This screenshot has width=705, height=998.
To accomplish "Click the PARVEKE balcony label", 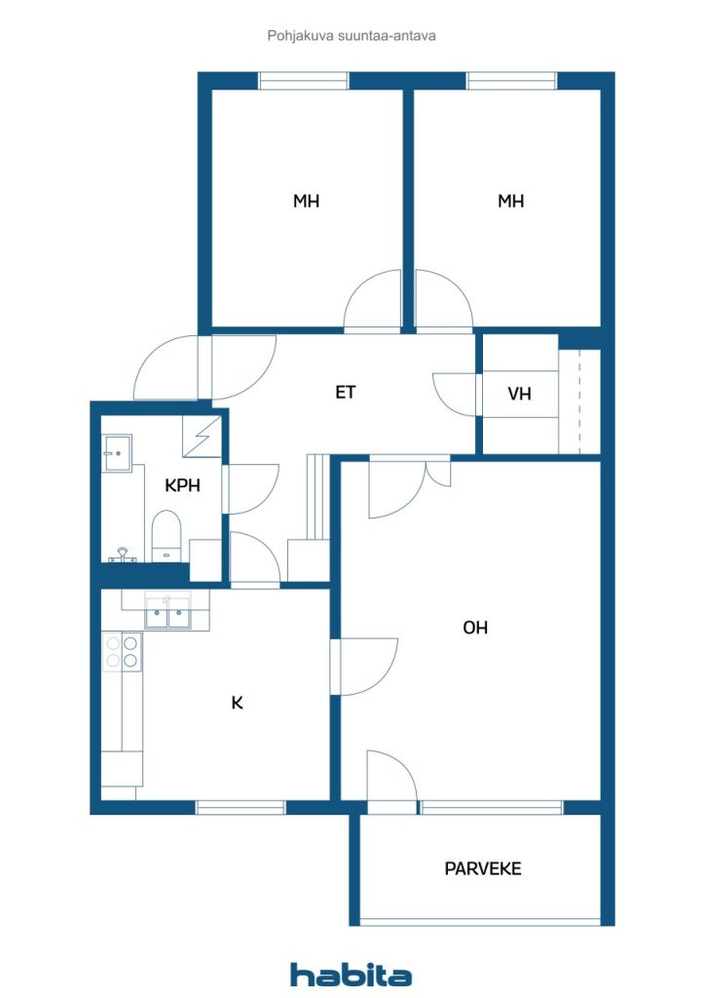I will pos(483,868).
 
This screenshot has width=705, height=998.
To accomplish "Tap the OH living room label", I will pos(475,628).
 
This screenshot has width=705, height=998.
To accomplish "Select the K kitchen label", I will pos(237,702).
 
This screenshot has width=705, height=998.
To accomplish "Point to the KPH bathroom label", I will pos(182,484).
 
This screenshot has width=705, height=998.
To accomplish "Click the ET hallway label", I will pos(346,393).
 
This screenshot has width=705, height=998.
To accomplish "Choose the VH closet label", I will pos(519,394).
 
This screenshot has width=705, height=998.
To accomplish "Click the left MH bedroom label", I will pos(307,202).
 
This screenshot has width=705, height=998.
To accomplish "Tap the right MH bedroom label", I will pos(511,202).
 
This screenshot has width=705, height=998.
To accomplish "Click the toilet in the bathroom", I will pos(167,537).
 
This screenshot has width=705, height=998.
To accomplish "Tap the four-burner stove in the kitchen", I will pos(122,652).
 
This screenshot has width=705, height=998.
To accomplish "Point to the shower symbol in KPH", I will pos(202,436).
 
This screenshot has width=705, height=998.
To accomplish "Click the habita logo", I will pos(352,975).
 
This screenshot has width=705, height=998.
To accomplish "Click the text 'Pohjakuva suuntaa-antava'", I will pos(352,36).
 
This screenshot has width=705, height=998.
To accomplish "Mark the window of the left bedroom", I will pos(304,81).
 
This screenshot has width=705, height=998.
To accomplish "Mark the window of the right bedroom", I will pos(511,81).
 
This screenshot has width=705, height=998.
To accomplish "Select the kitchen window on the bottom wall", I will pos(241,807).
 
